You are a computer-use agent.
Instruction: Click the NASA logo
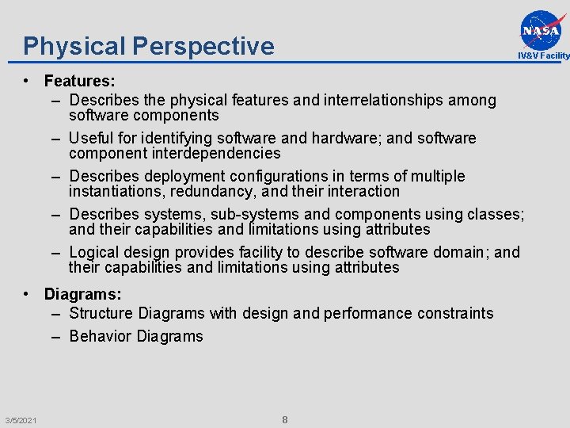click(543, 29)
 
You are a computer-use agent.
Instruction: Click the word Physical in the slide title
click(75, 46)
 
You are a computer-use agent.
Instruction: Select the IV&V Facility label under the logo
click(543, 55)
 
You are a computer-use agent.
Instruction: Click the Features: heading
click(80, 80)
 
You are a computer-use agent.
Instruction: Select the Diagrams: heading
click(83, 294)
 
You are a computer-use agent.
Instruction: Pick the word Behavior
click(101, 336)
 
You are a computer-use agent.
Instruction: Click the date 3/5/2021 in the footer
click(19, 419)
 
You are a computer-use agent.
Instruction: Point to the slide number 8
click(285, 419)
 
